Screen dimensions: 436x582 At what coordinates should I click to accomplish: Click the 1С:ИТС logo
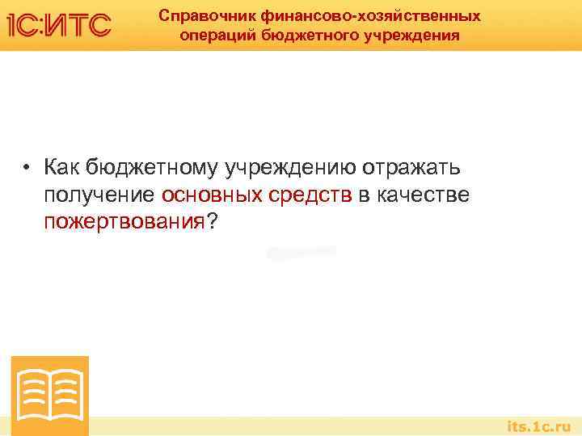point(58,25)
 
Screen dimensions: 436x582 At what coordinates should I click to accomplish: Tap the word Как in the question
point(62,168)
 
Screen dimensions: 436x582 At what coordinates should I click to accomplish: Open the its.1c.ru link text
point(538,426)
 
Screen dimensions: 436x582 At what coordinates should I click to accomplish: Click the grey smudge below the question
point(301,253)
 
